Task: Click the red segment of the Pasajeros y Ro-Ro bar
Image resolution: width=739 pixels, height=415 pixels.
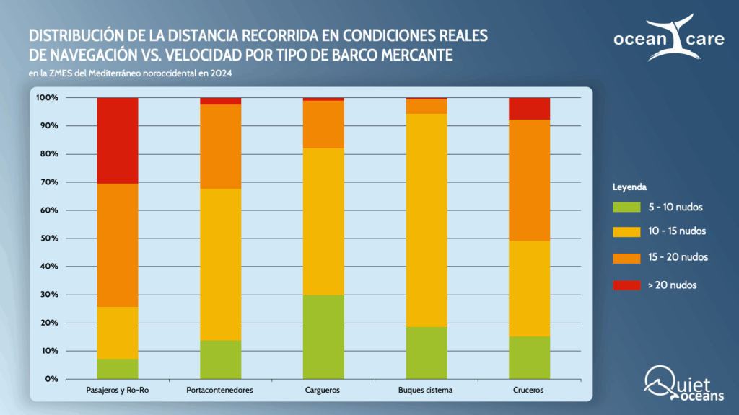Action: [118, 140]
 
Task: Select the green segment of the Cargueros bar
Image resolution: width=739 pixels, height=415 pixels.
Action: [323, 336]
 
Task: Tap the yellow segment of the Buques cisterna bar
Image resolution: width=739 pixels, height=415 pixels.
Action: [427, 220]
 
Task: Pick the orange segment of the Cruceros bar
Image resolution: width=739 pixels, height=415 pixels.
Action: [529, 180]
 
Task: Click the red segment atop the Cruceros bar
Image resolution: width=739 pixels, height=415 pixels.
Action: [529, 108]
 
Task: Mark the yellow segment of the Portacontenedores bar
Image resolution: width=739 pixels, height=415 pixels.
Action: [220, 264]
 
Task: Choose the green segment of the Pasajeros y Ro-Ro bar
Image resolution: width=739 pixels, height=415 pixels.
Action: [118, 368]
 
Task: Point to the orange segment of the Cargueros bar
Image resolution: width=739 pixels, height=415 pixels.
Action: [323, 124]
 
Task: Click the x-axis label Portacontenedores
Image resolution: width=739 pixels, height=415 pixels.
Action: [220, 391]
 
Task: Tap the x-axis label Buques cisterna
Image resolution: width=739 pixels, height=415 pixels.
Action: [427, 391]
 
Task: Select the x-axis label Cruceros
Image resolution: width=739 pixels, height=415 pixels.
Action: [529, 391]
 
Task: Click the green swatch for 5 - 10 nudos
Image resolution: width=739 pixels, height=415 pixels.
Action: [626, 207]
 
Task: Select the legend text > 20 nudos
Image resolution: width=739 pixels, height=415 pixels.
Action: [672, 285]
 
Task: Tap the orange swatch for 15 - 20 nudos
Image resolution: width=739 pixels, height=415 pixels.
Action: [626, 257]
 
